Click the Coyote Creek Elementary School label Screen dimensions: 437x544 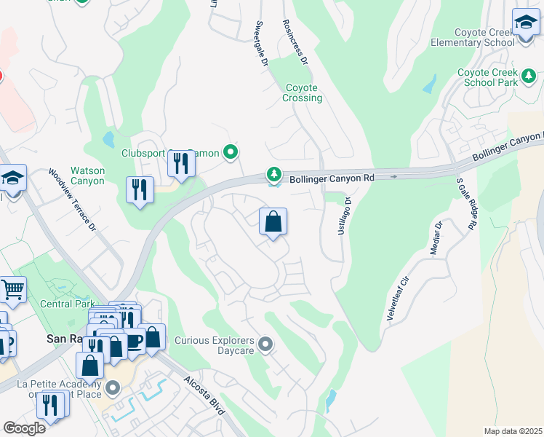484,37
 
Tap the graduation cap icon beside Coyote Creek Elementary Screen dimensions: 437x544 525,23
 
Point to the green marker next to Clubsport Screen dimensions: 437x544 231,152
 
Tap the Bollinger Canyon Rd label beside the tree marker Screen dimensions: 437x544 332,177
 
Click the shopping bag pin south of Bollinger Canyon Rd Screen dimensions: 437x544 273,221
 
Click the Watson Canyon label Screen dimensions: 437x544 87,176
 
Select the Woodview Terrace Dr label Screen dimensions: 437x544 73,200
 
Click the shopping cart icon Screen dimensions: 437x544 12,290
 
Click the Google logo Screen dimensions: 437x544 24,428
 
